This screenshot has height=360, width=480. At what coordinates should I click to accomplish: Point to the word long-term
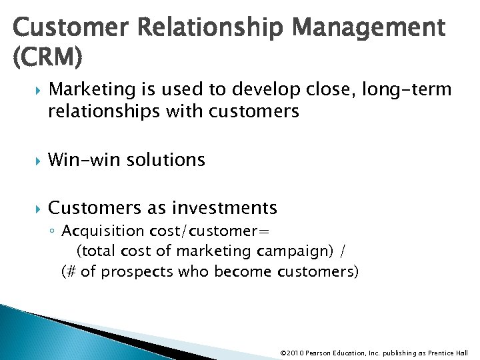(407, 89)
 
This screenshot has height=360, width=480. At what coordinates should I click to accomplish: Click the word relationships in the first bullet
(115, 111)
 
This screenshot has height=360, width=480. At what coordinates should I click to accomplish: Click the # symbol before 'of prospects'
(71, 272)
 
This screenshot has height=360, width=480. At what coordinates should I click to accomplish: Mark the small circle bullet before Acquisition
(53, 232)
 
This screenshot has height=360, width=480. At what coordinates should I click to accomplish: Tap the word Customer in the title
(65, 29)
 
